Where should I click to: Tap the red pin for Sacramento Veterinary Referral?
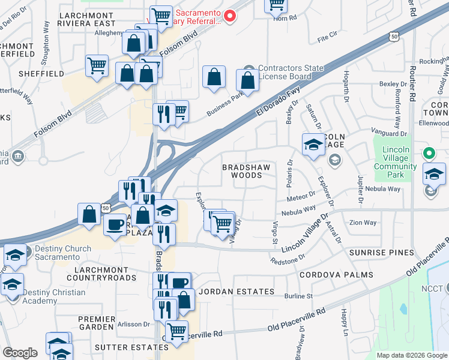pyautogui.click(x=229, y=16)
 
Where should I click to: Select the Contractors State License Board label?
pyautogui.click(x=291, y=72)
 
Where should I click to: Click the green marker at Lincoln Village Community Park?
pyautogui.click(x=429, y=154)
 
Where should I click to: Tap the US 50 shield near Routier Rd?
pyautogui.click(x=394, y=37)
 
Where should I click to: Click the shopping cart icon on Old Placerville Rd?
pyautogui.click(x=176, y=331)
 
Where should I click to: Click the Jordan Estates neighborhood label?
pyautogui.click(x=237, y=292)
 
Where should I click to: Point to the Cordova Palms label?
pyautogui.click(x=336, y=275)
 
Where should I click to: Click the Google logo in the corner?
pyautogui.click(x=20, y=353)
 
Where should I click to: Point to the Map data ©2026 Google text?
pyautogui.click(x=411, y=355)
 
